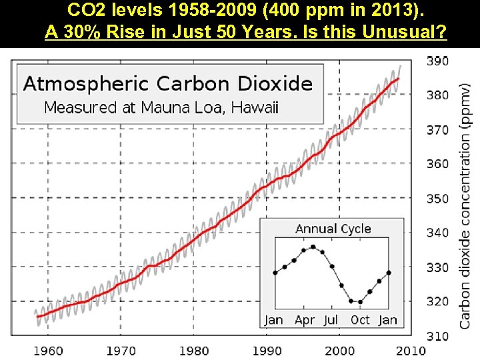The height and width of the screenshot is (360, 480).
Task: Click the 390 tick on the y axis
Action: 437,61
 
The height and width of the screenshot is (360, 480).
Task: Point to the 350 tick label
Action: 437,199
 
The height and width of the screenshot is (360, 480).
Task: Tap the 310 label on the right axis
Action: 437,337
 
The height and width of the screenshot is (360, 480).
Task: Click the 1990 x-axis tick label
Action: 267,351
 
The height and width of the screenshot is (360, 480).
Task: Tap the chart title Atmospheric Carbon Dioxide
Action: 168,84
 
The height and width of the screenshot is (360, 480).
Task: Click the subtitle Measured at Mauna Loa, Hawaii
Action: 161,107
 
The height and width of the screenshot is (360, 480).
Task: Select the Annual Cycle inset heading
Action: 333,229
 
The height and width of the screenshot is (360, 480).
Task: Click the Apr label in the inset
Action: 304,320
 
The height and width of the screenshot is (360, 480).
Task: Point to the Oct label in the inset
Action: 360,320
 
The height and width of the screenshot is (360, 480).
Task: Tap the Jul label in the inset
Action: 331,320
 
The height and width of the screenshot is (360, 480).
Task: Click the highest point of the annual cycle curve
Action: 313,247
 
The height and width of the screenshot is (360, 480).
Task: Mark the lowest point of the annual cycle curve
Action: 360,302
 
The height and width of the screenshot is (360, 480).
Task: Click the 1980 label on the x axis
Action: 193,351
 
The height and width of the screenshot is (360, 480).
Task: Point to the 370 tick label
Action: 437,130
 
